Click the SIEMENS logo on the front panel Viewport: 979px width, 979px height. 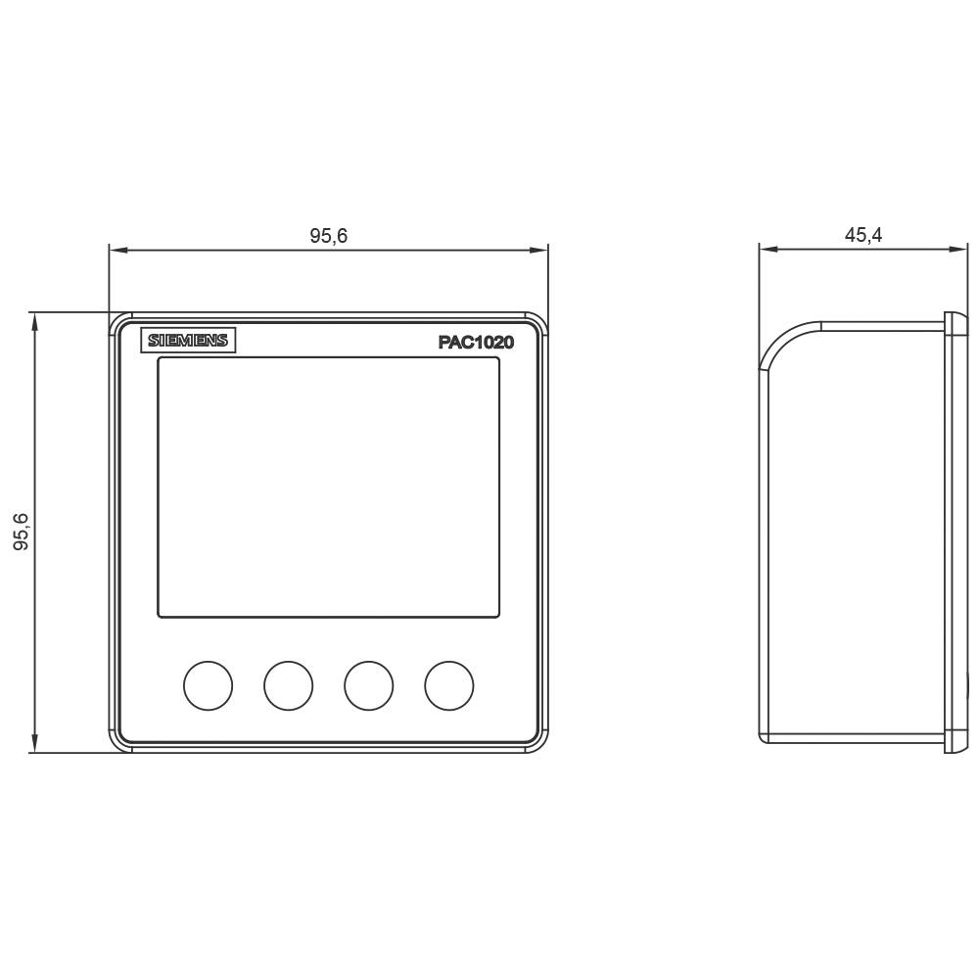tap(188, 341)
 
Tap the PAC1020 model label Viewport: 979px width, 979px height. tap(476, 343)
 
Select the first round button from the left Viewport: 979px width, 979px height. tap(208, 685)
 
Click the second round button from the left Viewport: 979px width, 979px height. tap(289, 685)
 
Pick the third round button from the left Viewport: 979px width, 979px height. tap(369, 685)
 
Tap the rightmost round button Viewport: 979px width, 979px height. tap(449, 685)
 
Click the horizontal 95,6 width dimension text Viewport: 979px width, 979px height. tap(329, 236)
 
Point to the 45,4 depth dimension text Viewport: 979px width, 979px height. tap(863, 235)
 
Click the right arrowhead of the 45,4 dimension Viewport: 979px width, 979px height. tap(960, 250)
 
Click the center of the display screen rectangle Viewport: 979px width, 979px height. tap(329, 488)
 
